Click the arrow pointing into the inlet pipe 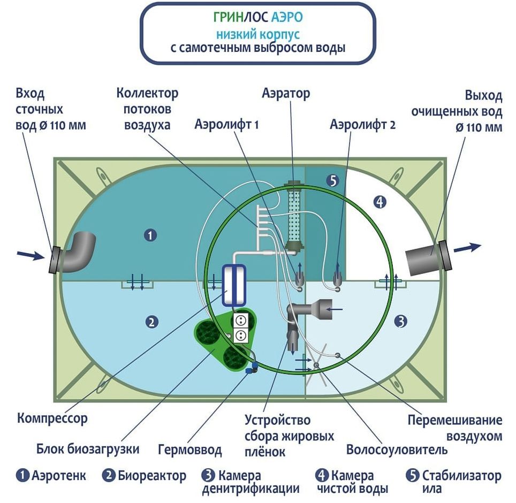click(31, 255)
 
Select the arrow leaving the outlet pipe click(468, 247)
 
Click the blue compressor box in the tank click(234, 285)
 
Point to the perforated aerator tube click(294, 217)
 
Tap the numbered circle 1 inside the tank click(150, 235)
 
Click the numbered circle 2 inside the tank click(151, 322)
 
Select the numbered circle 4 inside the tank click(380, 202)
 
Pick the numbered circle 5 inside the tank click(333, 180)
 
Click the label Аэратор click(286, 94)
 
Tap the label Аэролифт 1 click(227, 124)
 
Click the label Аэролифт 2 click(363, 125)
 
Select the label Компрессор click(52, 418)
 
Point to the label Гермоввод click(190, 449)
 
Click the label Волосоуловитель click(397, 449)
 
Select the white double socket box click(240, 327)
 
